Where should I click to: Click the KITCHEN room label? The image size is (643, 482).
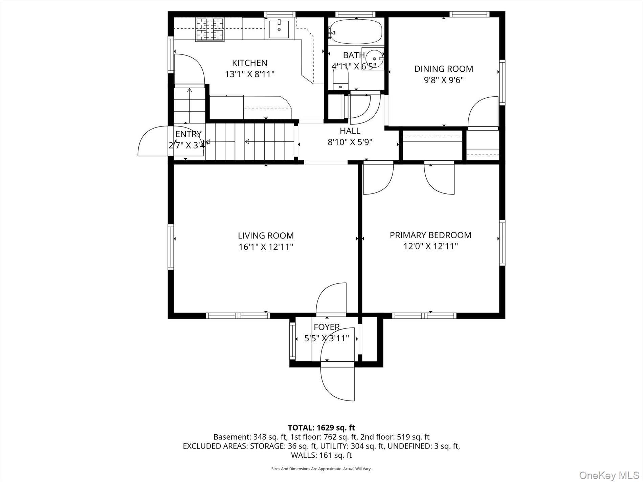[249, 63]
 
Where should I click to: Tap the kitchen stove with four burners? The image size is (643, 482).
[210, 29]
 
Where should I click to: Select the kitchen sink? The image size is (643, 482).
[279, 29]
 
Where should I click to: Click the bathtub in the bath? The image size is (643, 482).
[356, 32]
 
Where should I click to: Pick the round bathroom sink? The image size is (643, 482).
[374, 59]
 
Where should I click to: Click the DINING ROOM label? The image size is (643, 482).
[444, 69]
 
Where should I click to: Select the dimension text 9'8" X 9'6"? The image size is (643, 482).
[444, 80]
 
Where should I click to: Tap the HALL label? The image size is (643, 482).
[350, 131]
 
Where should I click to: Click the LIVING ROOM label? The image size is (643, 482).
[266, 236]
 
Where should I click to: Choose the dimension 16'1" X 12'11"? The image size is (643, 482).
[266, 247]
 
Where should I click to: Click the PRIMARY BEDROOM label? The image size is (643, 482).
[430, 235]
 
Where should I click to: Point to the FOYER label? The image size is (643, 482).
[327, 327]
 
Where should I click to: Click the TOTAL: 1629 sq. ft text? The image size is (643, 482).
[321, 428]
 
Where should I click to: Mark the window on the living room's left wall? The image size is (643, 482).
[171, 247]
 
